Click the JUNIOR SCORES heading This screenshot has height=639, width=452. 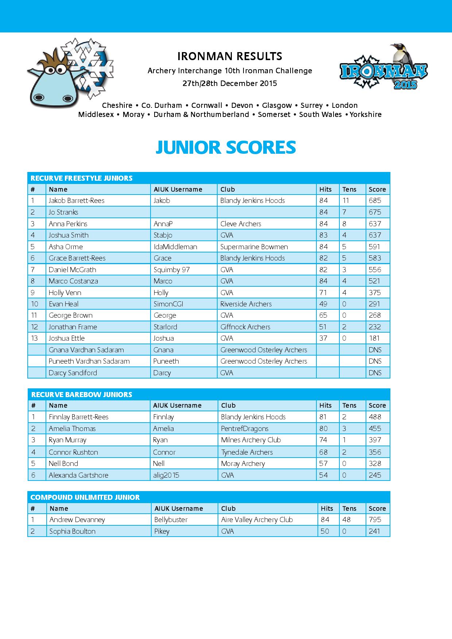pyautogui.click(x=226, y=148)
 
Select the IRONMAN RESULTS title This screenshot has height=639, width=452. pyautogui.click(x=230, y=56)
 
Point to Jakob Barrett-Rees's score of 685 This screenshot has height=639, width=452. pyautogui.click(x=375, y=200)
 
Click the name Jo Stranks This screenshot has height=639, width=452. pyautogui.click(x=63, y=212)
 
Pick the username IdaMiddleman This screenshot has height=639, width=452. pyautogui.click(x=175, y=247)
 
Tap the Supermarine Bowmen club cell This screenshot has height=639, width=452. pyautogui.click(x=254, y=247)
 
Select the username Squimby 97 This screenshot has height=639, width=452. pyautogui.click(x=172, y=270)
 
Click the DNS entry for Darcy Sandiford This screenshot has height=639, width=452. pyautogui.click(x=375, y=373)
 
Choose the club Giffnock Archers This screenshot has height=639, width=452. pyautogui.click(x=245, y=327)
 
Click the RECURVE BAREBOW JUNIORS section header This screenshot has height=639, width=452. pyautogui.click(x=82, y=395)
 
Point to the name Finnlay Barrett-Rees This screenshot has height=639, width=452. pyautogui.click(x=79, y=417)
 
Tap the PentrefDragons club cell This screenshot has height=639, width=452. pyautogui.click(x=245, y=428)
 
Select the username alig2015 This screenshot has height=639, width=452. pyautogui.click(x=166, y=475)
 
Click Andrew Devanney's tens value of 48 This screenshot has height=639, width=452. pyautogui.click(x=346, y=520)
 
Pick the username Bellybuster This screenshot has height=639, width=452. pyautogui.click(x=171, y=520)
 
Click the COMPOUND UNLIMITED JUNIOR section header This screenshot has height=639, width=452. pyautogui.click(x=85, y=497)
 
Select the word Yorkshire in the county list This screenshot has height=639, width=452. pyautogui.click(x=366, y=114)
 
